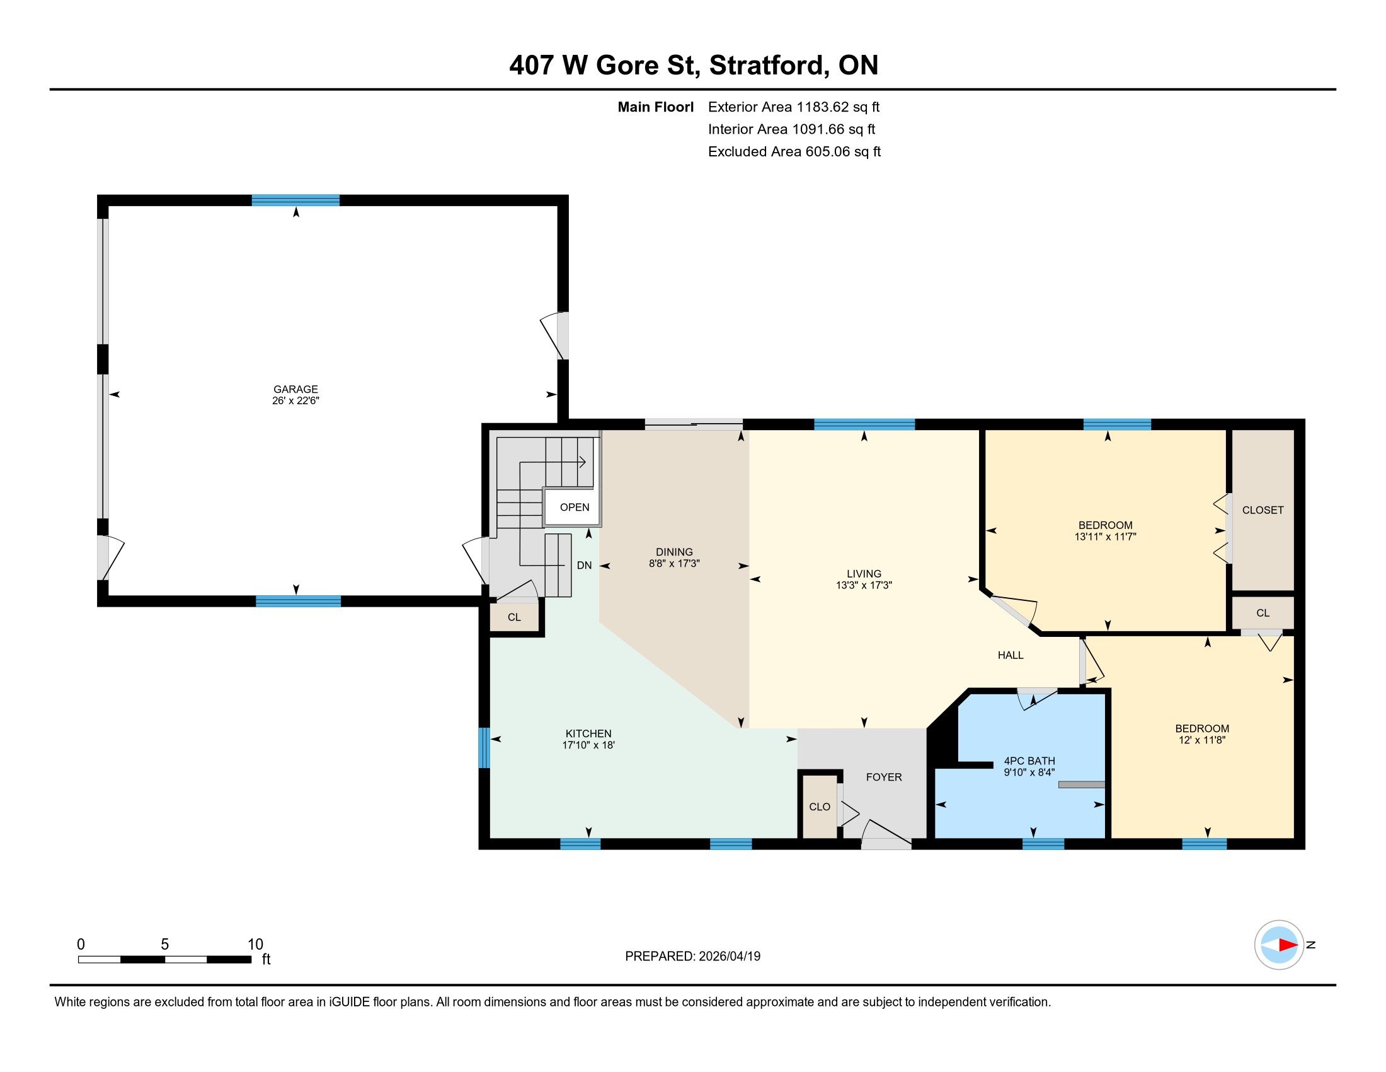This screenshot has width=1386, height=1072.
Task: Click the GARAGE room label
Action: coord(295,389)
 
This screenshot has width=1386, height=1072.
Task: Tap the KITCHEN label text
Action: coord(588,733)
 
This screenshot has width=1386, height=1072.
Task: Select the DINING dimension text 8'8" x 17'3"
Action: coord(674,563)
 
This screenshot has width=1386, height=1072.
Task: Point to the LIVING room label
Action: coord(864,573)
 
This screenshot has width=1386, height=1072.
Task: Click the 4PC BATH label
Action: coord(1029,761)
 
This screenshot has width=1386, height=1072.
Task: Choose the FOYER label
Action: coord(884,777)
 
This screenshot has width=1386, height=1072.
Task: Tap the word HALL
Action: coord(1011,655)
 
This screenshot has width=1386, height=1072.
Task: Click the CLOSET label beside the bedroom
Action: coord(1263,510)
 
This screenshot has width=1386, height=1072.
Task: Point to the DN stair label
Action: coord(584,565)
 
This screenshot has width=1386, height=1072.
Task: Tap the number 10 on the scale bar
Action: coord(255,944)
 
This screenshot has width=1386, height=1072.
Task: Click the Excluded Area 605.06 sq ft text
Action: coord(794,151)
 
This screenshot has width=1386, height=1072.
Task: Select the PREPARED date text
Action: coord(692,956)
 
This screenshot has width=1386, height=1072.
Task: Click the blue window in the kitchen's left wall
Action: coord(484,747)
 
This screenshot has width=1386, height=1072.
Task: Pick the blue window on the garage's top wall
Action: coord(295,201)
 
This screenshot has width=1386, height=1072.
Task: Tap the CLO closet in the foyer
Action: coord(819,807)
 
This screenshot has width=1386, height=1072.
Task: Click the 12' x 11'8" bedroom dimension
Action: coord(1202,740)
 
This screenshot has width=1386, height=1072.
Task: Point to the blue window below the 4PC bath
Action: coord(1043,844)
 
